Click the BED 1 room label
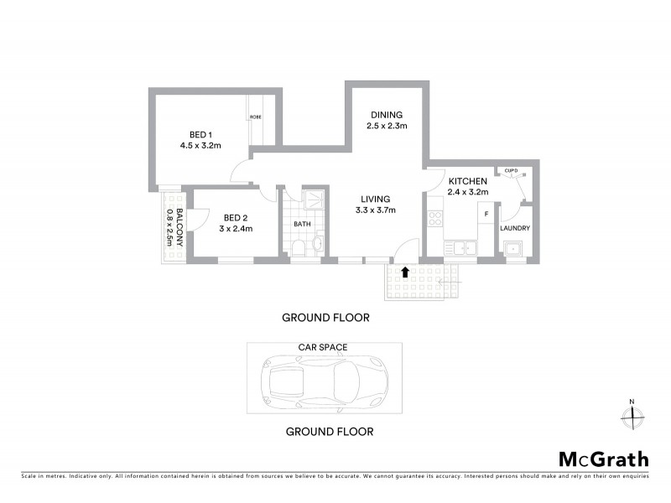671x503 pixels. tap(199, 134)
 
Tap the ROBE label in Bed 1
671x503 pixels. tap(255, 117)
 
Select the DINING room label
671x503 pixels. tap(386, 115)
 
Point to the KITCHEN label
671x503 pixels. tap(467, 181)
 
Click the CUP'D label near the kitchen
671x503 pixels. tap(512, 171)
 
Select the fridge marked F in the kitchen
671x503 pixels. tap(484, 215)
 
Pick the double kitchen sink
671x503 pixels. tap(460, 248)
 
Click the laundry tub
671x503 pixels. tap(512, 249)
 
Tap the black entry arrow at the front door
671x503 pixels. tap(406, 272)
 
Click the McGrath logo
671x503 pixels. tap(603, 459)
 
